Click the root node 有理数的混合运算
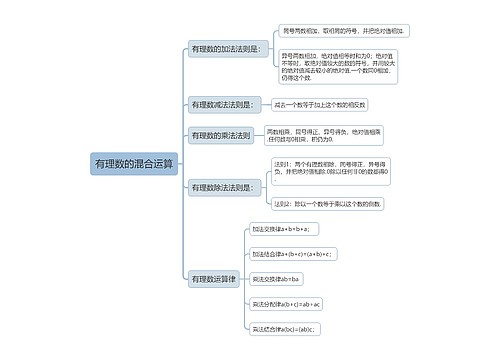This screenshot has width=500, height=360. point(133,162)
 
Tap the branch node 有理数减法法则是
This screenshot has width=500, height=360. point(221,104)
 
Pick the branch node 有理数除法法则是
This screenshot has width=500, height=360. point(222,187)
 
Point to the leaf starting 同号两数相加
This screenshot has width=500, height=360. point(346,32)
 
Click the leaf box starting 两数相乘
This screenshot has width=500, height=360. point(325,134)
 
